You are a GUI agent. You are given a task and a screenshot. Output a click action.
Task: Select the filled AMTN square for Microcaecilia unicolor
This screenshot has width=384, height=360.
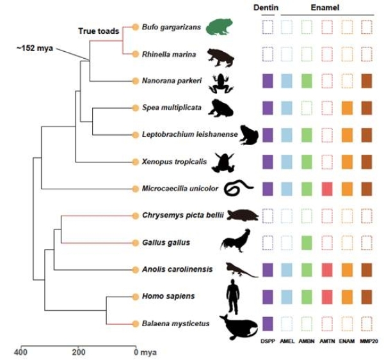click(x=326, y=189)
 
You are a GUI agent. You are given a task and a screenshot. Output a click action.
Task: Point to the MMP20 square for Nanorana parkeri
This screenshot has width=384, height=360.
click(x=366, y=81)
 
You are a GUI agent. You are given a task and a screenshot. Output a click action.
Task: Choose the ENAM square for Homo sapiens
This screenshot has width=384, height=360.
click(x=346, y=297)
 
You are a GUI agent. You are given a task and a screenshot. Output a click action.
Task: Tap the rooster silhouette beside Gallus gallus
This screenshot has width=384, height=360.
click(x=232, y=242)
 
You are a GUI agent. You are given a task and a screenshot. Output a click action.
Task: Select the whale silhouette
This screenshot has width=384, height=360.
click(x=239, y=326)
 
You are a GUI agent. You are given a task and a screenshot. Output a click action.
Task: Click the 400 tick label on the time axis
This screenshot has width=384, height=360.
click(x=20, y=352)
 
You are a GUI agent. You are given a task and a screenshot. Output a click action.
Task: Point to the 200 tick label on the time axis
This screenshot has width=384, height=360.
click(x=78, y=352)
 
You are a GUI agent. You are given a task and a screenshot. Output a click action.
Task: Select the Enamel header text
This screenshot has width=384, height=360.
click(x=326, y=8)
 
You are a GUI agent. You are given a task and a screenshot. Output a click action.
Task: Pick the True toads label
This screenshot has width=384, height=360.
click(x=99, y=31)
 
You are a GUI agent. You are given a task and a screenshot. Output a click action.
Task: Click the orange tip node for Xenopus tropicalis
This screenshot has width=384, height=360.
click(x=135, y=162)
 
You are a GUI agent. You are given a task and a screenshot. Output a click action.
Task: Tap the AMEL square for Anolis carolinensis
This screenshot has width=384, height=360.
click(x=287, y=270)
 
